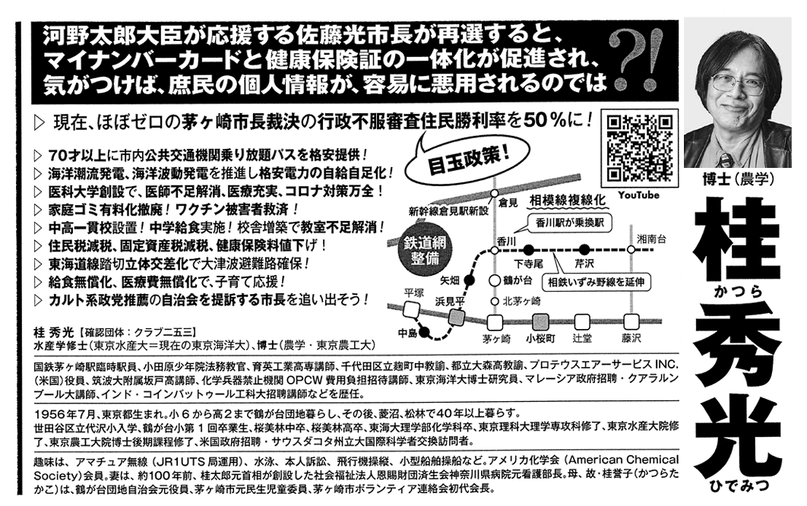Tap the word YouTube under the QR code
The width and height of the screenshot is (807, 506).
point(638,195)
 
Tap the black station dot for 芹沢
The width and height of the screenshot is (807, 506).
point(584,249)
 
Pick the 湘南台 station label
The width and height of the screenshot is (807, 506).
point(651,238)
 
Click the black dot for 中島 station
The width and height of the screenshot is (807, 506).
point(425,331)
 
